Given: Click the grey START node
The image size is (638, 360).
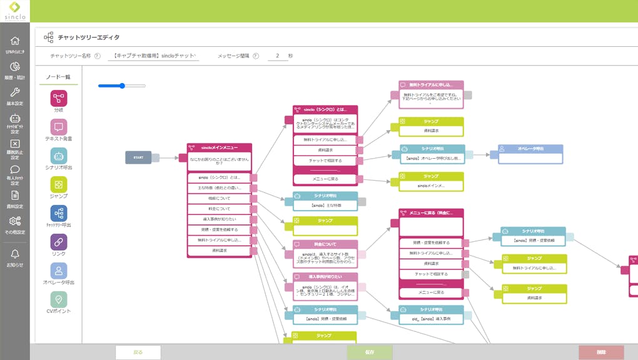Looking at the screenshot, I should [138, 157].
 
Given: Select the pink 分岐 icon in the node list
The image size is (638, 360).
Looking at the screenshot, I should [59, 98].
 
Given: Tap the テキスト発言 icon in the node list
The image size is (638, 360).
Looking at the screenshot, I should [59, 127].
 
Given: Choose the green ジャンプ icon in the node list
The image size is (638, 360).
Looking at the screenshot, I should [59, 184].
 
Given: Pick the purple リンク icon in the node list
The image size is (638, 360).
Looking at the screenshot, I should [59, 242].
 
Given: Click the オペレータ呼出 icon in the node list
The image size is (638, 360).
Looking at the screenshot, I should [59, 271].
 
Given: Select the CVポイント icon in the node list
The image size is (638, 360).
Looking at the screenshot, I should [59, 299].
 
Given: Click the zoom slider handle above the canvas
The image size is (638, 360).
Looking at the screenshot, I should [123, 86].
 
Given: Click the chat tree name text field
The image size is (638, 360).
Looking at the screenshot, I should [154, 56].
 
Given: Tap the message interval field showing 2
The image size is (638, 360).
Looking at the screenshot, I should [277, 56].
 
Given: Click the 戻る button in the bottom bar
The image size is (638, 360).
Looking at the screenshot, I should [138, 352].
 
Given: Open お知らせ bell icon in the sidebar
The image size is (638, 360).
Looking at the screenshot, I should [15, 254].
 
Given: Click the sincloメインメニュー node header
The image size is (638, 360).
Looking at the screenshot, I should [219, 147].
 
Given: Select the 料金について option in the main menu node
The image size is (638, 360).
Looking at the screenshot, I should [219, 209].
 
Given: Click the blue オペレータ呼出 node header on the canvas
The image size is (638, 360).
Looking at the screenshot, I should [530, 149].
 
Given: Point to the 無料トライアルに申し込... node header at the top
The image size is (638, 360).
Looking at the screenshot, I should [432, 84].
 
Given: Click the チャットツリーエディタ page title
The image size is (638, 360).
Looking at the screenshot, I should [88, 37].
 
